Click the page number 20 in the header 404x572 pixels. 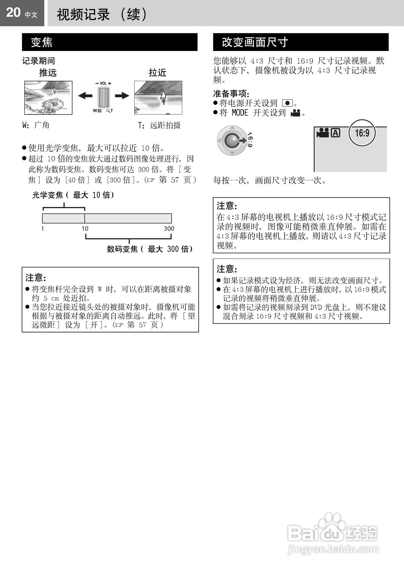pos(13,13)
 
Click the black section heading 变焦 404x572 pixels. pos(42,42)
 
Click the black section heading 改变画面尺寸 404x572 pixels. pos(255,42)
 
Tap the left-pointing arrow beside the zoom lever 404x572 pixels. pos(85,96)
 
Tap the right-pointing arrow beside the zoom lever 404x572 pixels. pos(122,96)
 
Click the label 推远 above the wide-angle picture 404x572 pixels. pos(48,73)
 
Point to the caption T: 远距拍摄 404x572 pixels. pos(159,125)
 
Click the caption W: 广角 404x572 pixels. pos(36,125)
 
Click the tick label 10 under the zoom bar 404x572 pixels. pos(85,229)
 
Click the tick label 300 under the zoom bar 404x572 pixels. pos(169,229)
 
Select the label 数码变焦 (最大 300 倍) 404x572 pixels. pos(150,249)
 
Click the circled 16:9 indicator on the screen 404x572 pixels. pos(362,133)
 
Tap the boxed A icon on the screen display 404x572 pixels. pos(335,133)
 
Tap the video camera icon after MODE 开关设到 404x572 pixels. pos(295,113)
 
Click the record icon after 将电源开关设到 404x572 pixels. pos(287,103)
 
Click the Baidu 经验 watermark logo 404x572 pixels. pos(333,534)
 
